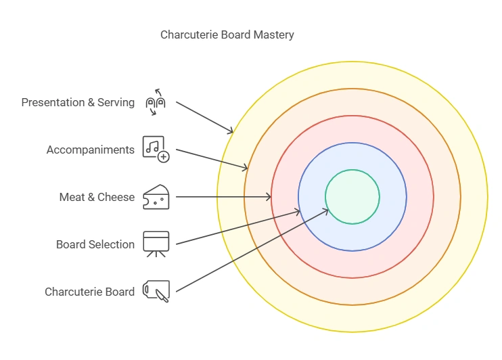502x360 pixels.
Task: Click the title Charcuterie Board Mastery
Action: click(227, 35)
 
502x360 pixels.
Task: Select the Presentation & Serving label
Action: click(78, 103)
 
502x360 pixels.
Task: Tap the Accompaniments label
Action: click(90, 150)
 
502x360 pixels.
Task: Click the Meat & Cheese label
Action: click(97, 197)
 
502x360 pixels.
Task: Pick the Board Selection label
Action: click(95, 244)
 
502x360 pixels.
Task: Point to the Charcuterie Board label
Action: click(89, 292)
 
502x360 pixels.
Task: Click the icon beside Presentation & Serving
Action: click(156, 102)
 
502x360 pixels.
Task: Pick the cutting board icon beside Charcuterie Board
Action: click(156, 292)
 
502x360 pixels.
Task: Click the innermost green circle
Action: click(352, 197)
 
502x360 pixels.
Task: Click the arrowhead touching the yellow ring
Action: click(231, 131)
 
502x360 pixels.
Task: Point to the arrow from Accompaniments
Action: click(211, 160)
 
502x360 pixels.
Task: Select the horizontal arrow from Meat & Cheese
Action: click(223, 197)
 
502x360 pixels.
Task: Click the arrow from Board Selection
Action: click(237, 227)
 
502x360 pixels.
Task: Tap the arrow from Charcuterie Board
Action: click(250, 252)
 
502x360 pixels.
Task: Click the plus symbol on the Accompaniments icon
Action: click(163, 157)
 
